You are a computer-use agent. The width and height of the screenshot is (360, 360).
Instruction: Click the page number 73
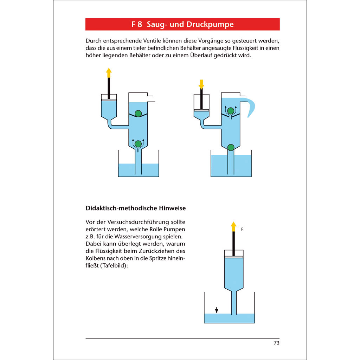[x=276, y=343]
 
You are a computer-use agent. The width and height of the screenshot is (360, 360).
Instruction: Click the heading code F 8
[x=137, y=25]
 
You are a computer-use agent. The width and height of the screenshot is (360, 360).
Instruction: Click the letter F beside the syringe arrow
[x=242, y=229]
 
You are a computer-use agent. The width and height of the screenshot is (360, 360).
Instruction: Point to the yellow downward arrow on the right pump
[x=201, y=84]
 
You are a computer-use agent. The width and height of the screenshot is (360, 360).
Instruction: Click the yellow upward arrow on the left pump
[x=109, y=73]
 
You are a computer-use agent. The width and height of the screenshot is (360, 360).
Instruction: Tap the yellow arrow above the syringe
[x=233, y=226]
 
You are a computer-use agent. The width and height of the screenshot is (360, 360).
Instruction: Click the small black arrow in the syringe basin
[x=217, y=310]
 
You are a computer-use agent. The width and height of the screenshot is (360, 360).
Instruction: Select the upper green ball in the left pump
[x=138, y=113]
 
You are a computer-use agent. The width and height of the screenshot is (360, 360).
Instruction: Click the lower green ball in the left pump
[x=138, y=143]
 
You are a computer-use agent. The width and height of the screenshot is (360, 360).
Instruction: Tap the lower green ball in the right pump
[x=231, y=147]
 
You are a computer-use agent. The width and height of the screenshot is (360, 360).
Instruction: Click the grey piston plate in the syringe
[x=233, y=257]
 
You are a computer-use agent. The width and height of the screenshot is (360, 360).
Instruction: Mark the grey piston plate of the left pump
[x=109, y=100]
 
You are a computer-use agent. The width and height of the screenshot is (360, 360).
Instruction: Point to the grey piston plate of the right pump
[x=201, y=110]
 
